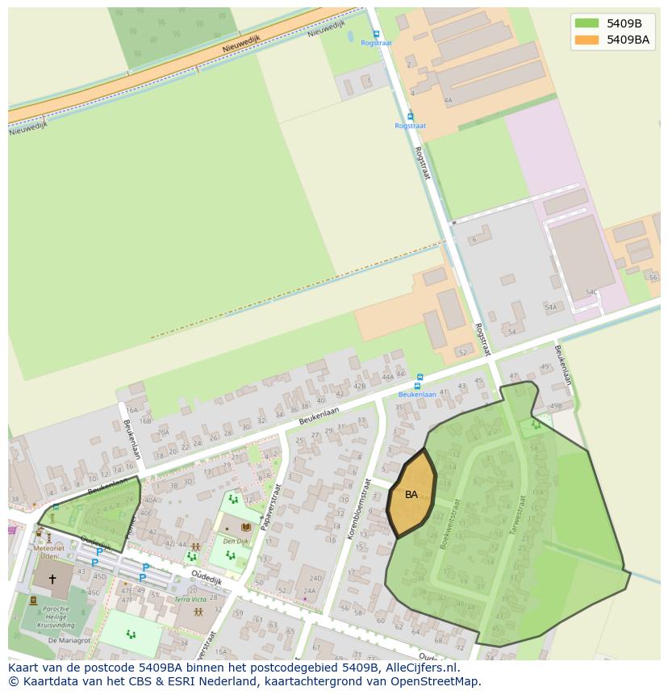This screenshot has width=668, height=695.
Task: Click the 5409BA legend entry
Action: pos(628,39)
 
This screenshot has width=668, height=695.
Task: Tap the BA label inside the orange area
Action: pos(411,495)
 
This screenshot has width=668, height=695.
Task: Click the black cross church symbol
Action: pos(52,580)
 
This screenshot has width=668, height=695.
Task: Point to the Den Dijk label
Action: pos(235,542)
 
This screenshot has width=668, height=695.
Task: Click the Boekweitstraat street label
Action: pos(449,525)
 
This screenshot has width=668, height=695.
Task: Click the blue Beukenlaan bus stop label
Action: pos(417,395)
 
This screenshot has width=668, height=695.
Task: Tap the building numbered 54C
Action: pos(592,292)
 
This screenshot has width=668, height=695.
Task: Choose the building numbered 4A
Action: pos(448,101)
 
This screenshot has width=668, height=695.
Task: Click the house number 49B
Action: pos(555,406)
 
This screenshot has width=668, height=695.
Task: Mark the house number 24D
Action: pos(315,578)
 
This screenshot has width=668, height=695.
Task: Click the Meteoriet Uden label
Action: pos(48,552)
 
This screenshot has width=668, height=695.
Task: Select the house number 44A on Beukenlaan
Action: pos(388,376)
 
